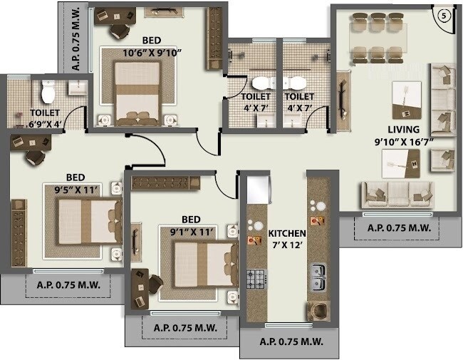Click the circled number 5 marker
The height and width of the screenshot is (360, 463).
click(443, 14)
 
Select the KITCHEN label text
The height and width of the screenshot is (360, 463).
click(287, 233)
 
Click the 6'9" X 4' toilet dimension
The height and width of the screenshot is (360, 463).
click(45, 124)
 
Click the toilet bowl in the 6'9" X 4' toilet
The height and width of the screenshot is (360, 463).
click(48, 91)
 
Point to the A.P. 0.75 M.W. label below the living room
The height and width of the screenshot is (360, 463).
click(396, 228)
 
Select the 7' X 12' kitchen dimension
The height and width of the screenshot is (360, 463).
click(287, 245)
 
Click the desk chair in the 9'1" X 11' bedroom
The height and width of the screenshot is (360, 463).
click(154, 284)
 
